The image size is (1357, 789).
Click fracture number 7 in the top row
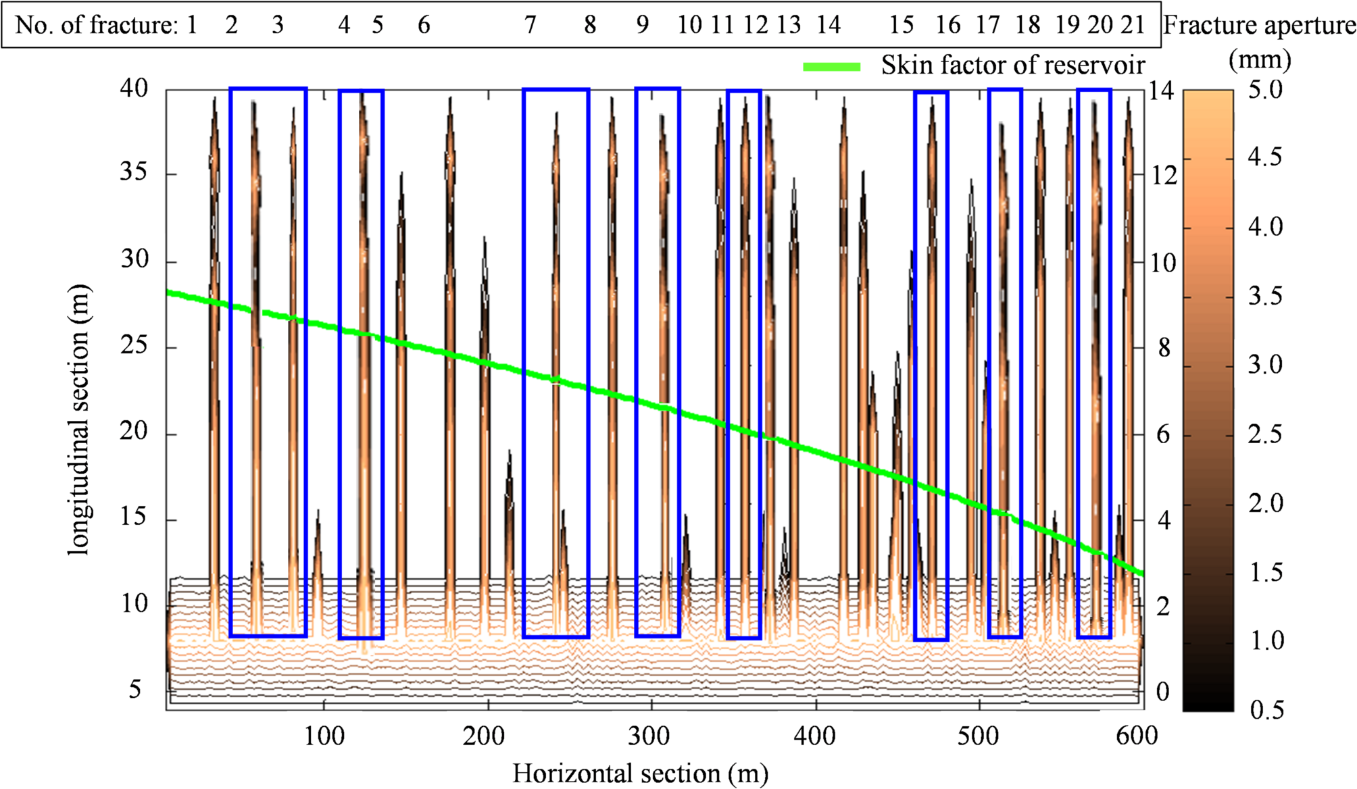[x=531, y=25]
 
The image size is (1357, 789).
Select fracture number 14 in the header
[x=829, y=25]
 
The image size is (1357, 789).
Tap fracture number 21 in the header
[x=1133, y=25]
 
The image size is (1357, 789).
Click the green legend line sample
[x=831, y=66]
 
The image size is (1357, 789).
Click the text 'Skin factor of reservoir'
[x=1012, y=66]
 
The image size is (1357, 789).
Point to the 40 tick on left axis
[x=134, y=88]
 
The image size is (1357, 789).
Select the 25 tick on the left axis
[x=134, y=346]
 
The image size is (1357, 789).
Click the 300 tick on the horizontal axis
[x=649, y=736]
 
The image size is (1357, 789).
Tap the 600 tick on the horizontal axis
[x=1137, y=736]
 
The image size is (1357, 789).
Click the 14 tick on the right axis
[x=1162, y=91]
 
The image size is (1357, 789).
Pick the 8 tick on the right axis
[x=1164, y=349]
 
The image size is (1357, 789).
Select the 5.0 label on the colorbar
[x=1265, y=90]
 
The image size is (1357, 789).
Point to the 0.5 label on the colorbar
[x=1266, y=710]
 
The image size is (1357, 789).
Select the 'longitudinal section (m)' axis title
[x=79, y=419]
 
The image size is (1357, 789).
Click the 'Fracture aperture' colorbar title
[x=1259, y=26]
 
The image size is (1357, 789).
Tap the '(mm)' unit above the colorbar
[x=1260, y=59]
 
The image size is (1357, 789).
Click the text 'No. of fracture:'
[x=96, y=26]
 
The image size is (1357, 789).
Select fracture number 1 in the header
[x=192, y=25]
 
